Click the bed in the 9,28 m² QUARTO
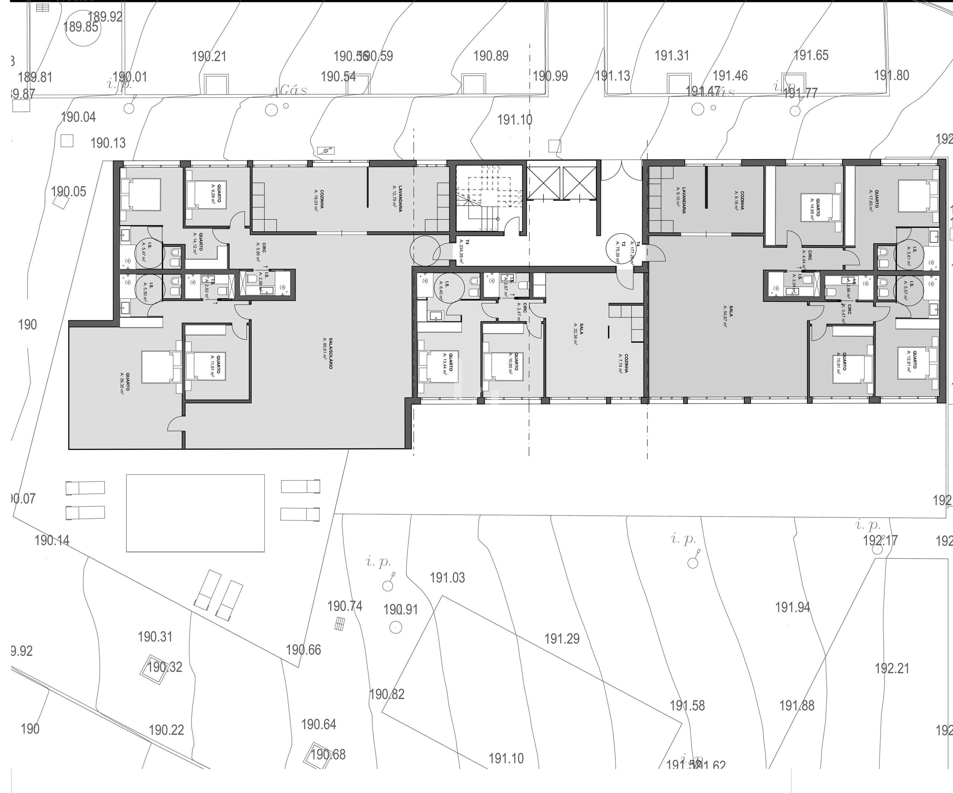point(205,195)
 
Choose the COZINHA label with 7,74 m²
point(623,363)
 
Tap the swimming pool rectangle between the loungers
point(195,513)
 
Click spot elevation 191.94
point(792,607)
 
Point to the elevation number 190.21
point(209,57)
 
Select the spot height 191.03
point(447,578)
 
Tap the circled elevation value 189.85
point(81,27)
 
